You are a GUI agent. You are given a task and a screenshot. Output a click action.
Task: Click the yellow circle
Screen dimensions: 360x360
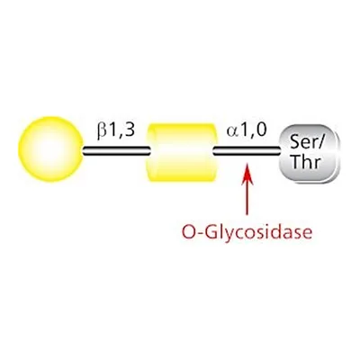50,149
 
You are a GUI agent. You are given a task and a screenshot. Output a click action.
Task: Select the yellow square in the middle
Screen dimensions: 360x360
182,152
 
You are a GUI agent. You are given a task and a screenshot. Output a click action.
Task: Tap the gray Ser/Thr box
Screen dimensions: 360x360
309,153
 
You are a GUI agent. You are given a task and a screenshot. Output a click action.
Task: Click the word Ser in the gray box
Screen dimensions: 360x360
301,142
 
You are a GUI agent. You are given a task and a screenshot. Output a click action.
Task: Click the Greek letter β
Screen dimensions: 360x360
102,132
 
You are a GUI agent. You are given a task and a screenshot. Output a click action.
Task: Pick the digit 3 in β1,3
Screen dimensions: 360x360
129,130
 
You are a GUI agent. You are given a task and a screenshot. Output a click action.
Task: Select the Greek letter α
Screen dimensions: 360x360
233,132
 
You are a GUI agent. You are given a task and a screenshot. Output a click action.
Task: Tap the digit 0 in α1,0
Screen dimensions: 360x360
261,130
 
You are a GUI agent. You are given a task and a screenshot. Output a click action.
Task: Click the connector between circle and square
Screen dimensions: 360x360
116,150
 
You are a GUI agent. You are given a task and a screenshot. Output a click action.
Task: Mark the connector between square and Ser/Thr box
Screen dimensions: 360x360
246,150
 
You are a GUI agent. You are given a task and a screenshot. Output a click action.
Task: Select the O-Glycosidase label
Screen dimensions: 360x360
247,232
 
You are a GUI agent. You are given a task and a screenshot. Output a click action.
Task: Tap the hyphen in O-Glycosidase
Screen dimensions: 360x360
201,234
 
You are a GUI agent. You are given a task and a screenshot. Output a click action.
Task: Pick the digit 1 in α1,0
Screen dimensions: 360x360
245,130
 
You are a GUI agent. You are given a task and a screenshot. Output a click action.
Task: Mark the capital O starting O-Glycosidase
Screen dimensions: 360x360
189,232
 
